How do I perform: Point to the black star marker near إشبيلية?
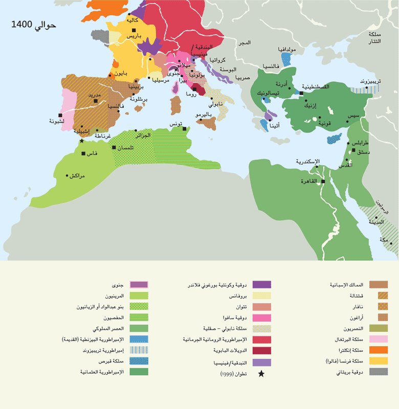(x=81, y=140)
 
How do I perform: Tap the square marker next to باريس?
(x=134, y=31)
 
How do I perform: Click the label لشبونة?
(x=56, y=121)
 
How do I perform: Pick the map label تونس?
(x=176, y=124)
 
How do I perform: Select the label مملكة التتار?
(x=381, y=37)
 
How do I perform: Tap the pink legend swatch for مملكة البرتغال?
(x=379, y=339)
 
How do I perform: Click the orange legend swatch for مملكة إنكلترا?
(x=379, y=350)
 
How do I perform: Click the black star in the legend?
(x=261, y=374)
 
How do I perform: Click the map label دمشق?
(x=364, y=152)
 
